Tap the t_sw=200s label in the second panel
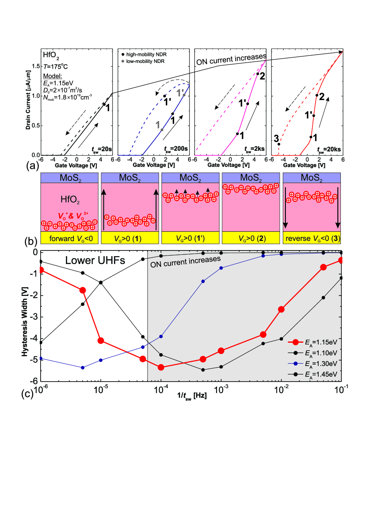(x=176, y=149)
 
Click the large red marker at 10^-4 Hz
(x=161, y=367)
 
